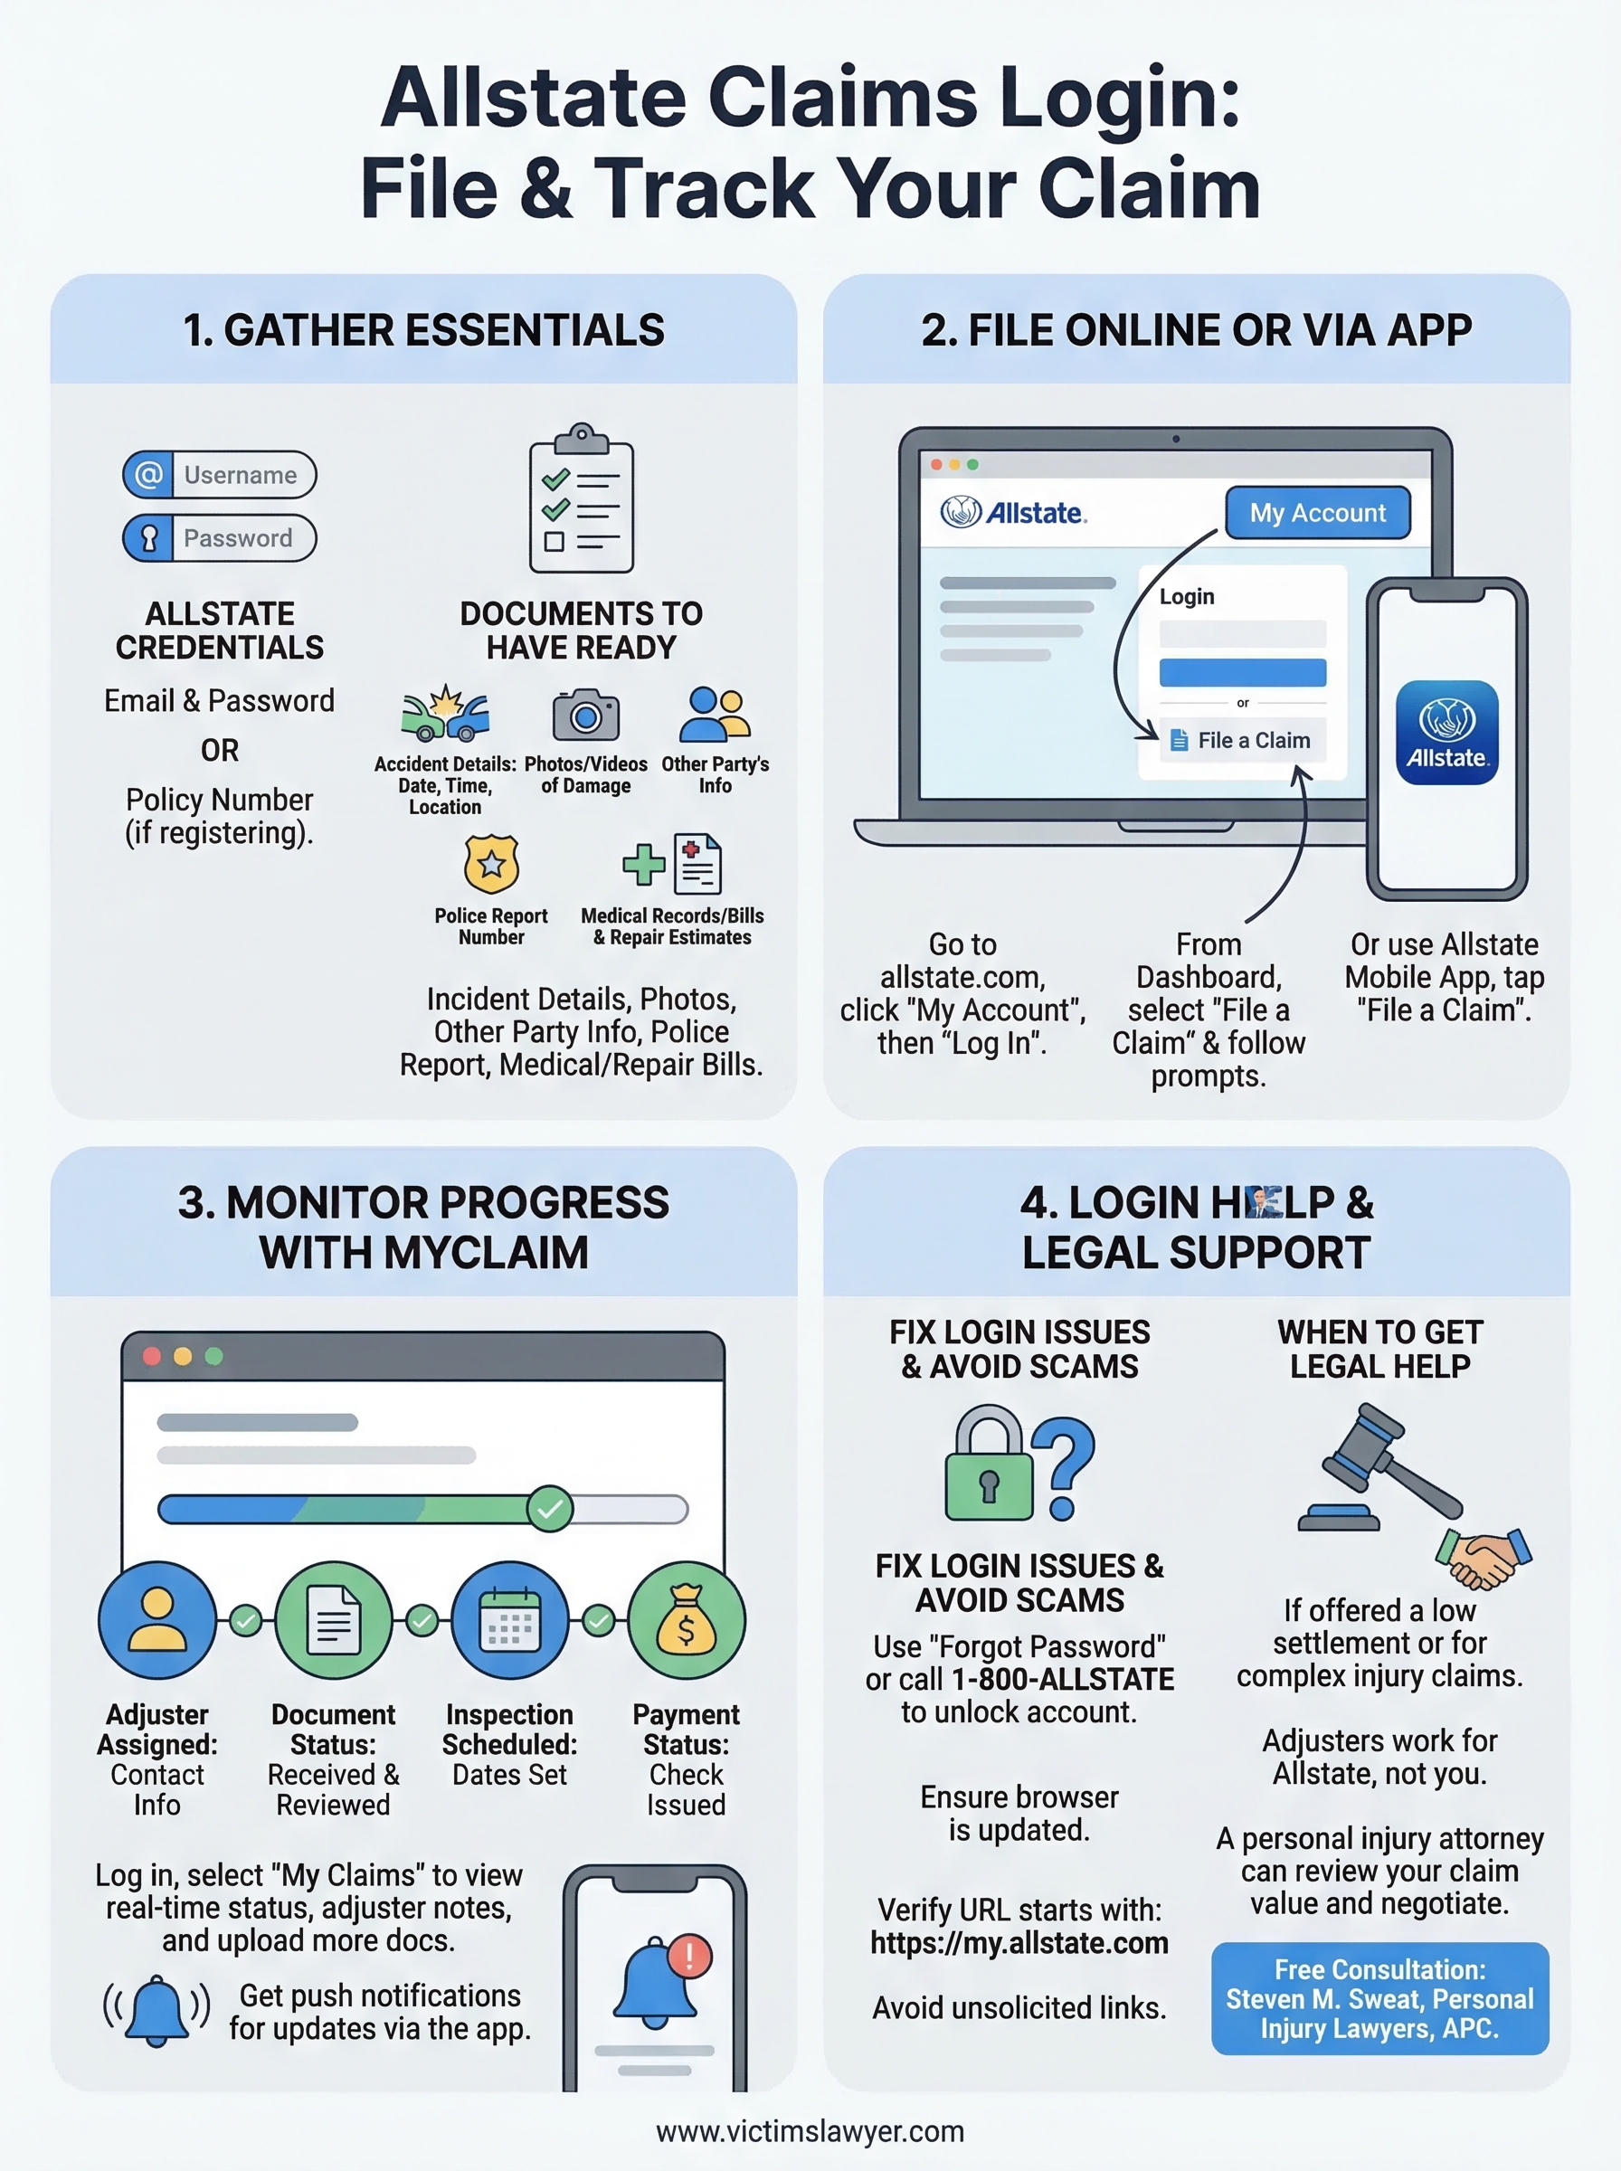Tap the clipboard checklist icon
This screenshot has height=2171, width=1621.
pos(581,499)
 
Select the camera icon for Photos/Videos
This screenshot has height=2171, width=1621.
pos(586,715)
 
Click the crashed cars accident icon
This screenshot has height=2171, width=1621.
pos(445,713)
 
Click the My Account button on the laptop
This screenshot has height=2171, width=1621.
pos(1317,512)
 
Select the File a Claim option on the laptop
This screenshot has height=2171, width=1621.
pos(1242,741)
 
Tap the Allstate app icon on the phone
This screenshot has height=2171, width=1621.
pos(1446,732)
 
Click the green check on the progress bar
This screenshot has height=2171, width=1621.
pos(549,1509)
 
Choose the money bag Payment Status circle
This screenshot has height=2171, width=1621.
pos(686,1620)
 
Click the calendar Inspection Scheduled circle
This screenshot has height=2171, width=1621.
pos(509,1620)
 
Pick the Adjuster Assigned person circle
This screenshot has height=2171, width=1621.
pos(157,1620)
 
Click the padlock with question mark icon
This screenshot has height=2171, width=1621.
pos(1019,1464)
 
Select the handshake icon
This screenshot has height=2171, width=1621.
pos(1483,1557)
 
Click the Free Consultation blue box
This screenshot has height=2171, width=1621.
pos(1379,1998)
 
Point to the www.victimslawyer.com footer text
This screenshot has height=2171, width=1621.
pos(810,2131)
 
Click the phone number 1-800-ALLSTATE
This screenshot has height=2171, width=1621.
pos(1063,1680)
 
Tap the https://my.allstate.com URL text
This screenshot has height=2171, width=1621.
pos(1019,1942)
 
